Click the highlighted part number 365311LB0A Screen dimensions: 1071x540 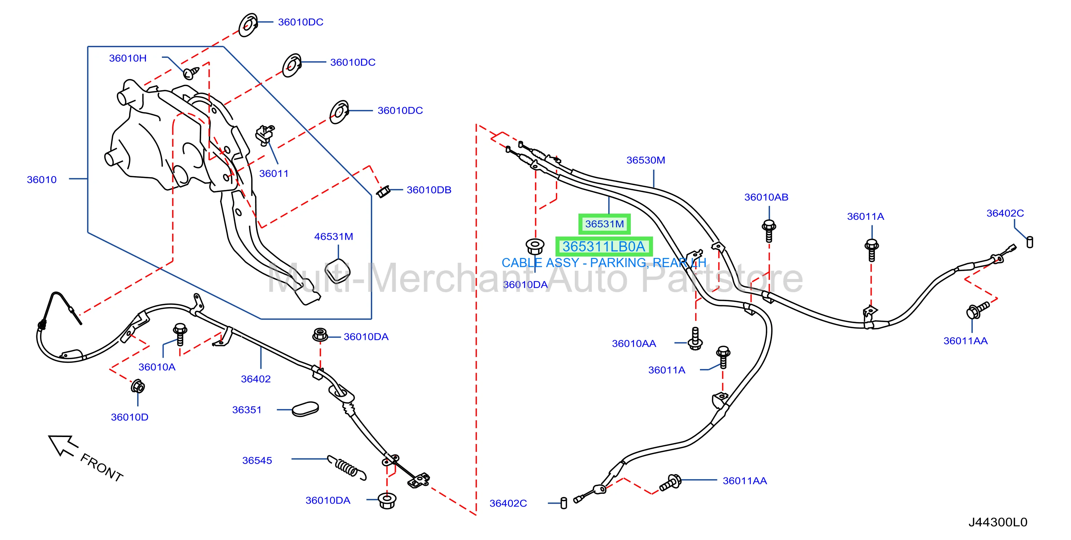click(604, 246)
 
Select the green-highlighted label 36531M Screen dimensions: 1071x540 click(605, 224)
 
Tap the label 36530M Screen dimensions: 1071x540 click(646, 160)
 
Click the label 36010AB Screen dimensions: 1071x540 click(766, 197)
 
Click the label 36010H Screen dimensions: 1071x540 click(128, 58)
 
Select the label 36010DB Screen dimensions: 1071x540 click(429, 190)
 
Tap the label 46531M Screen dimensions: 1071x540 click(334, 236)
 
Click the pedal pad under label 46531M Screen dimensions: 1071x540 click(337, 271)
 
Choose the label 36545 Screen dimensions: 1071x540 click(257, 461)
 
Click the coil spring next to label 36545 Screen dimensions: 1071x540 click(347, 467)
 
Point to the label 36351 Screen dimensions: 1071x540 click(247, 410)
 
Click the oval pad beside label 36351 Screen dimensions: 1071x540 click(305, 409)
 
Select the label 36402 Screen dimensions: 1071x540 click(256, 379)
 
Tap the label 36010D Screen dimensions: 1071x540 click(129, 417)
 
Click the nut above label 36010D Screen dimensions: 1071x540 click(138, 386)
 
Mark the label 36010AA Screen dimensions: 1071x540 click(634, 344)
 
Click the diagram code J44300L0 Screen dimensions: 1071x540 click(998, 522)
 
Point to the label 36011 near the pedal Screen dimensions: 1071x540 click(274, 174)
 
